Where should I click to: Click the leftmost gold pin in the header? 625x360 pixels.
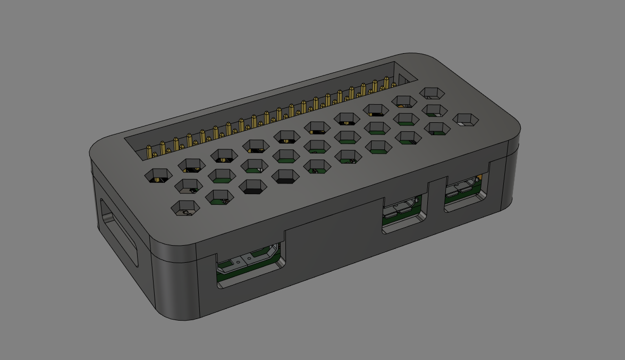click(x=150, y=151)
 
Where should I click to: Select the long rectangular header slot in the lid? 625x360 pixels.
click(x=266, y=112)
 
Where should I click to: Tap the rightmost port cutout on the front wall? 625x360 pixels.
click(x=466, y=192)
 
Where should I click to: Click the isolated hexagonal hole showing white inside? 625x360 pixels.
click(x=466, y=120)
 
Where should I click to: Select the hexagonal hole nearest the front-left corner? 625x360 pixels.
click(x=185, y=207)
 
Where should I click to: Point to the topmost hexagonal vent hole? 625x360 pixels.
click(x=432, y=93)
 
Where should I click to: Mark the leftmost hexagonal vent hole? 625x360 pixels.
click(x=159, y=175)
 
